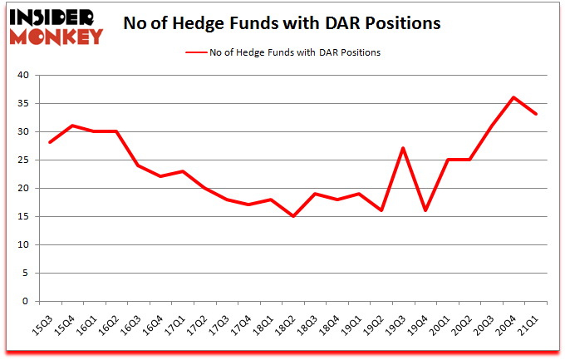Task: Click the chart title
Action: (282, 24)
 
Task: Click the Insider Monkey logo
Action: (56, 26)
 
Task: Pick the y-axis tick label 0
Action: (26, 302)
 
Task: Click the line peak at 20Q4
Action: (514, 97)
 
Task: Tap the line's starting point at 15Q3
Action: (51, 143)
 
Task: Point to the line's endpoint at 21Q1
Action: (536, 115)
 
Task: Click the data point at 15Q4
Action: (72, 126)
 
